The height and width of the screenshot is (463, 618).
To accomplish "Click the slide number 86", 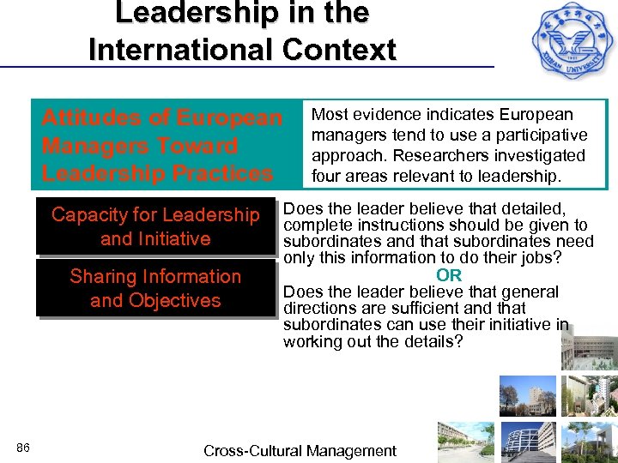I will click(23, 448).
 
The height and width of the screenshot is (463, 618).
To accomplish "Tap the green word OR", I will click(449, 275).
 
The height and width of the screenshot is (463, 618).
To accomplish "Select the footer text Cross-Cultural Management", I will click(300, 451).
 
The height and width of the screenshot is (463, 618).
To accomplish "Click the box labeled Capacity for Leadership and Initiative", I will click(155, 227).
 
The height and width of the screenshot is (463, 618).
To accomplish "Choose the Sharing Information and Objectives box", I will click(155, 289).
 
